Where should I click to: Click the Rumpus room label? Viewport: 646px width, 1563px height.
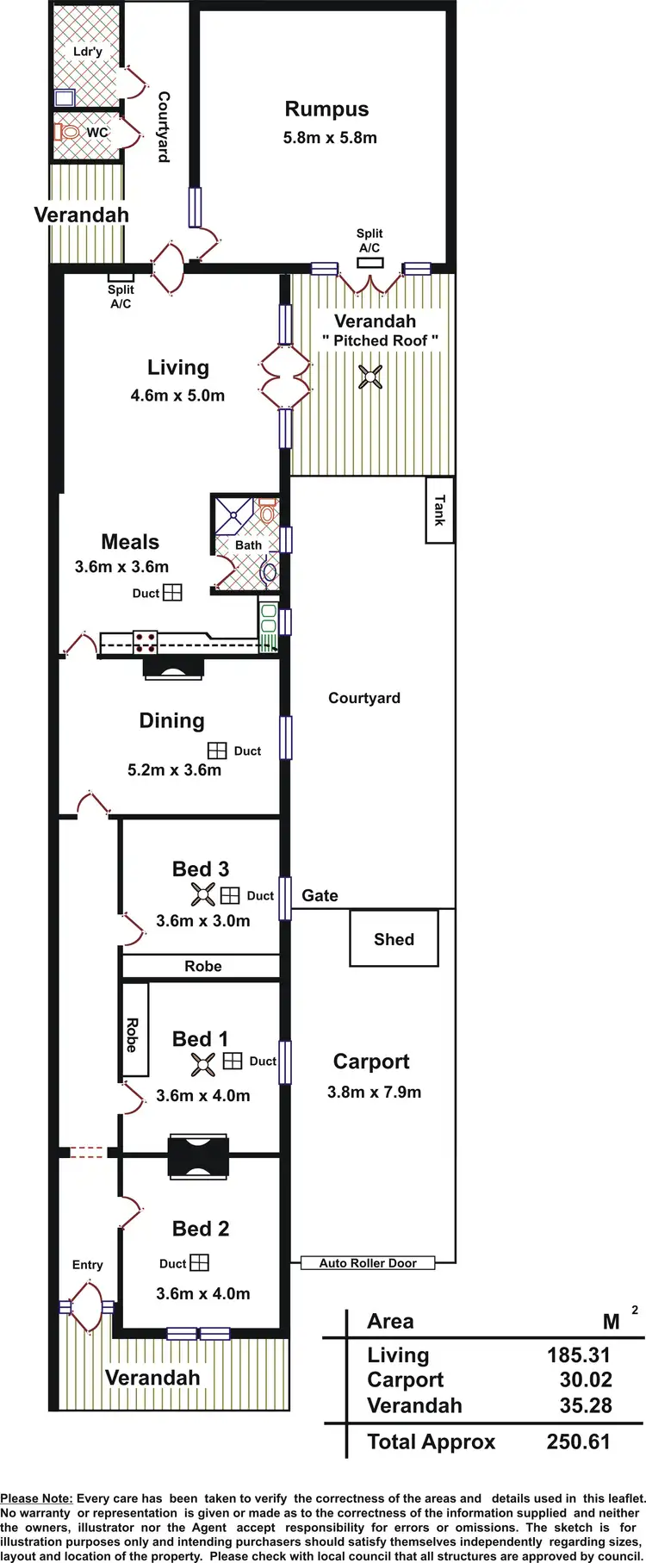(326, 109)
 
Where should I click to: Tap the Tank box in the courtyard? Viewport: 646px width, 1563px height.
(439, 510)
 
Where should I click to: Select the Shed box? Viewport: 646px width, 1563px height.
(394, 938)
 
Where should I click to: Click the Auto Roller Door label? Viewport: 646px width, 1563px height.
(368, 1263)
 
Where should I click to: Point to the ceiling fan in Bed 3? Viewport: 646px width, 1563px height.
(203, 894)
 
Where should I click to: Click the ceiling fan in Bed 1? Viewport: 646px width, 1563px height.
(203, 1064)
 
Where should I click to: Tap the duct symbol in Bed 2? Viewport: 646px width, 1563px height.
(199, 1262)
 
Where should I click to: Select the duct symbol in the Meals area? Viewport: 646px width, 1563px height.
(172, 592)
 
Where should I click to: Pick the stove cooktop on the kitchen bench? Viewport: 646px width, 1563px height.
(145, 641)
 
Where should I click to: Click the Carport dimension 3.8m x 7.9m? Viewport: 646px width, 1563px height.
(374, 1092)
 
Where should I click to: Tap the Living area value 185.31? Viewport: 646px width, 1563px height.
(578, 1354)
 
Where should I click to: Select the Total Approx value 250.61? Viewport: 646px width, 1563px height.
(578, 1442)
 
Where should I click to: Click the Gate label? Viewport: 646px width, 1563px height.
(320, 895)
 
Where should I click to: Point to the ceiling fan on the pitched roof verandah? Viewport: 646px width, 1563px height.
(370, 377)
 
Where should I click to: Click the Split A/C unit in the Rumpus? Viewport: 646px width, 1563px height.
(370, 262)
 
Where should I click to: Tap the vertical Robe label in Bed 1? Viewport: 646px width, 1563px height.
(132, 1035)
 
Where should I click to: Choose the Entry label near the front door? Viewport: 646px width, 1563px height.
(87, 1264)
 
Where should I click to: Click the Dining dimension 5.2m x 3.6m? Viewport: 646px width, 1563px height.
(174, 769)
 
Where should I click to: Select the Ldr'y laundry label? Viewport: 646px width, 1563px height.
(87, 52)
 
